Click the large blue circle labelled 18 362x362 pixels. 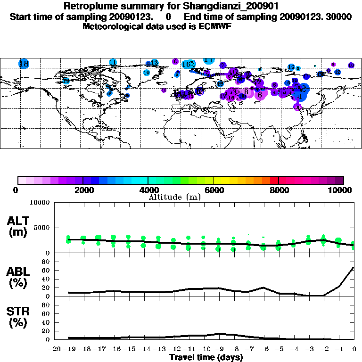tap(24, 64)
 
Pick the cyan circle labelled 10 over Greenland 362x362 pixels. tap(146, 73)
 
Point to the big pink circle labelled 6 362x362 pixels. tap(260, 94)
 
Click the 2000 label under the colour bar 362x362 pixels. tap(82, 190)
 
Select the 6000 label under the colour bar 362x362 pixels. tap(213, 190)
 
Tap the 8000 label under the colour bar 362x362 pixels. tap(279, 190)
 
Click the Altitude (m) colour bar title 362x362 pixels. tap(174, 197)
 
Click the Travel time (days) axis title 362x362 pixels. tap(206, 358)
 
